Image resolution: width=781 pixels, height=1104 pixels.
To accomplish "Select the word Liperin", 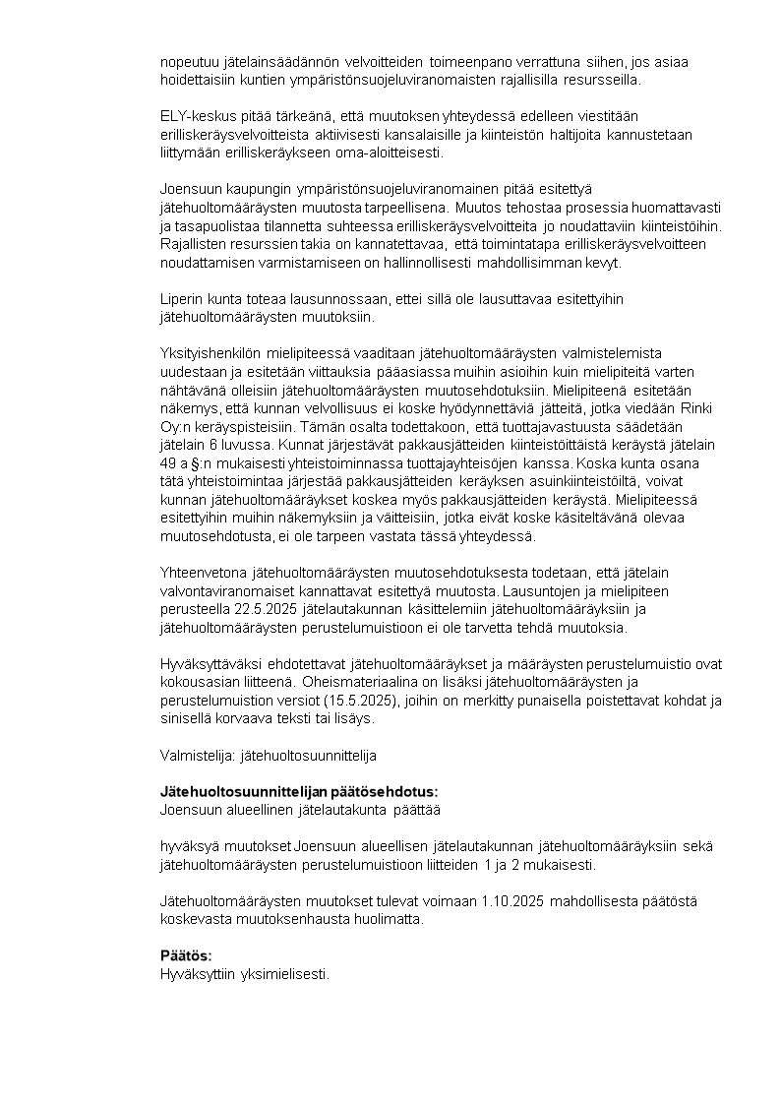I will (x=181, y=298).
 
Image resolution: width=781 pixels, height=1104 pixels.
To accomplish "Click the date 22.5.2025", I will (x=271, y=610).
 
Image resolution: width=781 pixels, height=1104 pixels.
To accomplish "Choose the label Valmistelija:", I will (x=195, y=756).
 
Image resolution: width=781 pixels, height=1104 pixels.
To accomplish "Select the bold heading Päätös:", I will (x=186, y=955).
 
